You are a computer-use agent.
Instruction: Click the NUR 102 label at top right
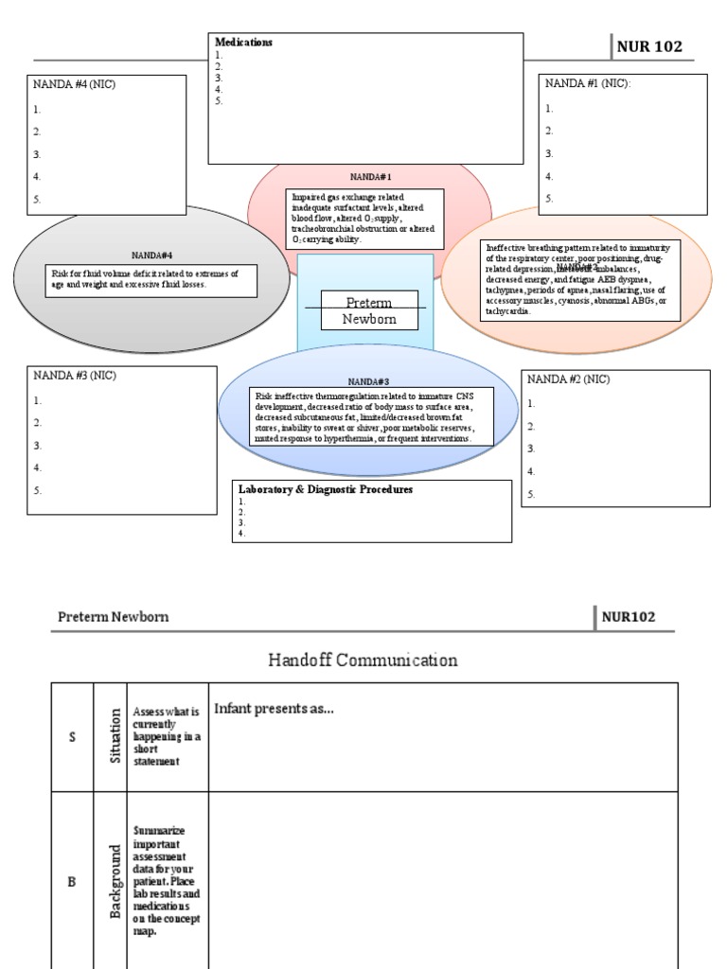[649, 46]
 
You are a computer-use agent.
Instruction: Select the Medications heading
[243, 43]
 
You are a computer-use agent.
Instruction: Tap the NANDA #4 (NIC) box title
[75, 84]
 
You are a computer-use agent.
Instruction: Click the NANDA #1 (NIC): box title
[587, 83]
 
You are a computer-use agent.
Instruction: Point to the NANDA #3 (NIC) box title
[75, 376]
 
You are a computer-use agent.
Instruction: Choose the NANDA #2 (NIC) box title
[568, 379]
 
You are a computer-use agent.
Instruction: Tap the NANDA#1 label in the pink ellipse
[370, 177]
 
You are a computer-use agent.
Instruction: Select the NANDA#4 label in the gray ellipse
[151, 255]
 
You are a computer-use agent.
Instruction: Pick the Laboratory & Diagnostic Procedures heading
[325, 489]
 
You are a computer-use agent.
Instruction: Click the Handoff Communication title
[363, 661]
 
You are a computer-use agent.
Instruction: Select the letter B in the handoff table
[71, 882]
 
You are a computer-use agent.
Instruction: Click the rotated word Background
[115, 882]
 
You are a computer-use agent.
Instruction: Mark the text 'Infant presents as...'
[274, 708]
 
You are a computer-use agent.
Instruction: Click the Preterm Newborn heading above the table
[113, 617]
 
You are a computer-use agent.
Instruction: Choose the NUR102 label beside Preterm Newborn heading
[628, 617]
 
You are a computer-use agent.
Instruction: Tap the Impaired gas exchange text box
[363, 219]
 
